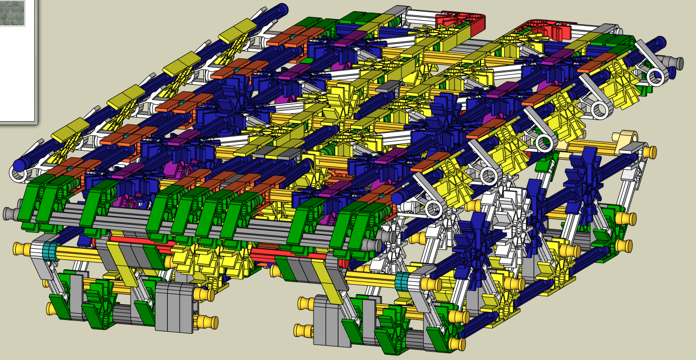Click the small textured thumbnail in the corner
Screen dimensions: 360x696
[x=12, y=13]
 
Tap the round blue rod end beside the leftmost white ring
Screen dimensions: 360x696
[x=19, y=165]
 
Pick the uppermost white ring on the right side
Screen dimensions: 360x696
[x=655, y=77]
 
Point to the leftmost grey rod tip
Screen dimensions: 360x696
[x=8, y=213]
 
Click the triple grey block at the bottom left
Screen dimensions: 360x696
[x=174, y=307]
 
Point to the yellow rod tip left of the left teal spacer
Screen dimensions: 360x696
[x=19, y=247]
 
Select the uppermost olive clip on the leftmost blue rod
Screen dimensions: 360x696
[x=244, y=31]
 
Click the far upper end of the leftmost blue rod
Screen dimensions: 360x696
[x=282, y=8]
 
